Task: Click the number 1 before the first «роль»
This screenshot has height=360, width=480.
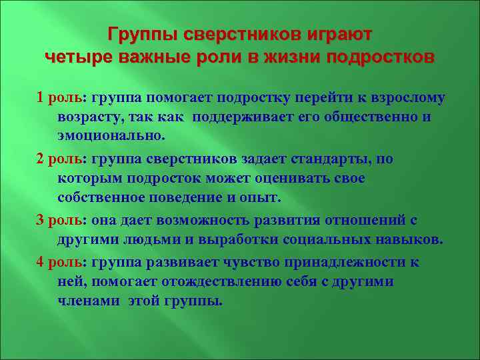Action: [41, 97]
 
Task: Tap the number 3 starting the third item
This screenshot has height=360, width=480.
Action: [41, 221]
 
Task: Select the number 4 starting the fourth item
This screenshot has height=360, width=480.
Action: [41, 262]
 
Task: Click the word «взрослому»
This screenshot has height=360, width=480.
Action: [408, 97]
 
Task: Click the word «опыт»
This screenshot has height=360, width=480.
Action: [263, 198]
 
